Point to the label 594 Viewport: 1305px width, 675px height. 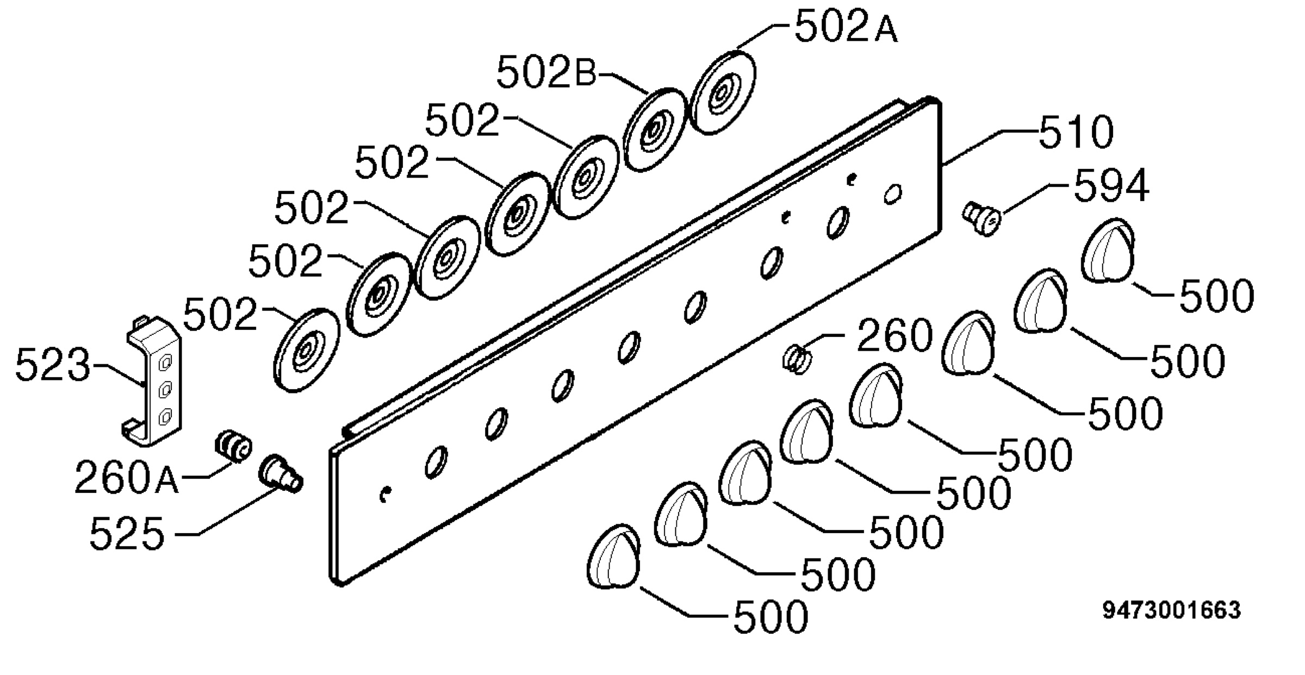[1111, 186]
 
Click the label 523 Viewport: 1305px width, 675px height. [53, 364]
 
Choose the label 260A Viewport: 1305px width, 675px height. [126, 477]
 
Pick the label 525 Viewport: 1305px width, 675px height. [127, 534]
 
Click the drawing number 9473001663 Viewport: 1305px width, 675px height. [1171, 610]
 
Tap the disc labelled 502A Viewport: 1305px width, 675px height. [723, 92]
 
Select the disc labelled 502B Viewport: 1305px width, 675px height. [655, 130]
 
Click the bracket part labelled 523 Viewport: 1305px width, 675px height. [151, 382]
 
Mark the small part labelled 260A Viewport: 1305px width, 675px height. [234, 445]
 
